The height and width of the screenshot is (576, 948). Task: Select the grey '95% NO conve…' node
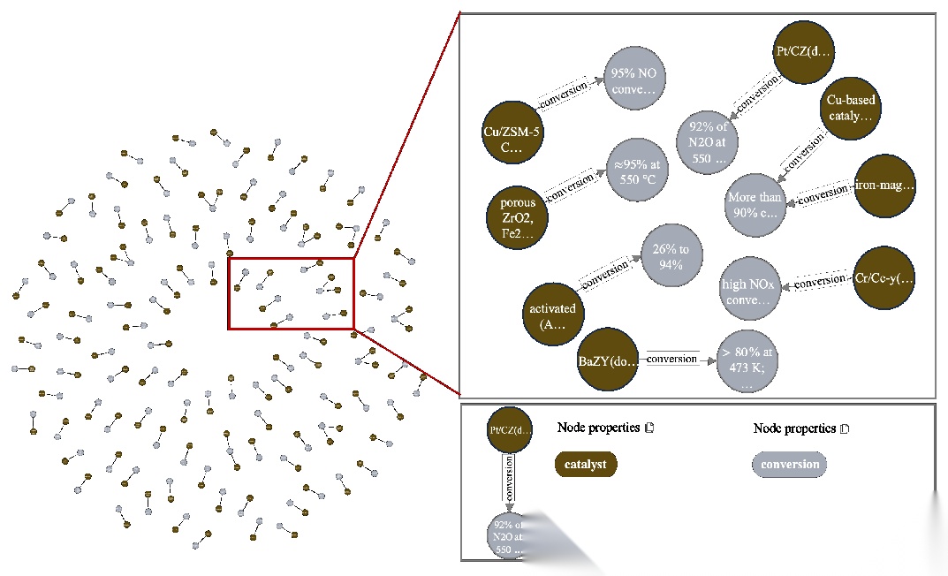635,80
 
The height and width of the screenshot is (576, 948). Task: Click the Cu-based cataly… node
851,108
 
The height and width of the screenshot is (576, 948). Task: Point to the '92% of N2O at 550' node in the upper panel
709,142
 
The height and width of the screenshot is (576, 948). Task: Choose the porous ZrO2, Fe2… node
518,217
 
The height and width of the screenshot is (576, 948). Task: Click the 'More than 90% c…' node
755,205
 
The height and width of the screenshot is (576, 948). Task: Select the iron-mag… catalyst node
884,186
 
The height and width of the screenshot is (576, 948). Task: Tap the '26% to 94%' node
671,256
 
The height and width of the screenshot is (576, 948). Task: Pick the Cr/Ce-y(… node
884,278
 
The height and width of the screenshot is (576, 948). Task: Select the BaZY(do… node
607,360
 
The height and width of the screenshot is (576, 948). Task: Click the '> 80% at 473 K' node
749,360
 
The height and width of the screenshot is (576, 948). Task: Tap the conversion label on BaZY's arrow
671,359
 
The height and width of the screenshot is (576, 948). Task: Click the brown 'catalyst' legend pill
586,465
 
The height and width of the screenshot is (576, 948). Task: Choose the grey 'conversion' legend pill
790,465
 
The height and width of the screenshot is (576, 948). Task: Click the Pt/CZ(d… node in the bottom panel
510,430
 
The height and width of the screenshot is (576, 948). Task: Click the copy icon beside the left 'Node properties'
649,428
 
